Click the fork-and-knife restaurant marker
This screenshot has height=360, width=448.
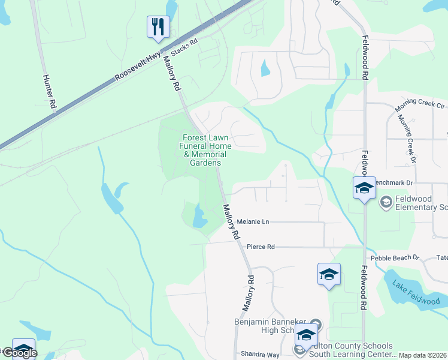coord(158,27)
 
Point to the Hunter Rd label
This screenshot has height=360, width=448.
coord(49,91)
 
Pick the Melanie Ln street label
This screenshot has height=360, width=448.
coord(253,222)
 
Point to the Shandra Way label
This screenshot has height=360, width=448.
coord(260,354)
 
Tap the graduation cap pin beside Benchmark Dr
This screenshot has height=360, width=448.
coord(364,188)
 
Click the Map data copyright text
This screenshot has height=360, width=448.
coord(422,355)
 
